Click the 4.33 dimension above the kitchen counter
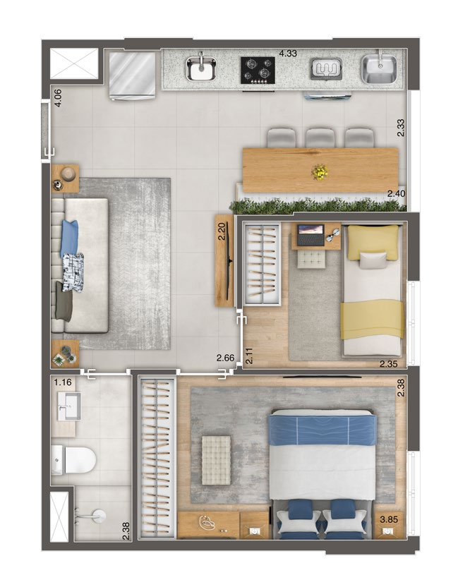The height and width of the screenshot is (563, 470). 288,53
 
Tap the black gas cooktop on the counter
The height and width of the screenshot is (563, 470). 258,71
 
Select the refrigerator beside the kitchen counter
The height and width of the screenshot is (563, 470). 132,75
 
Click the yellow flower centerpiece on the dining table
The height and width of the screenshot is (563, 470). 320,172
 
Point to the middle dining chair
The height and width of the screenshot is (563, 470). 320,138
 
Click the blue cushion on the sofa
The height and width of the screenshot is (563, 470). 69,238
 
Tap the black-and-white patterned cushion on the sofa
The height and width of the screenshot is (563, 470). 73,272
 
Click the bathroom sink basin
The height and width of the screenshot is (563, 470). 69,406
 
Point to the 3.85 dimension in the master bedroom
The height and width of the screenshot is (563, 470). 389,519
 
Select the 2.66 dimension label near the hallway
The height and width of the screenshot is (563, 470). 225,358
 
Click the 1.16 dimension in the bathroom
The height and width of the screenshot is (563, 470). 63,382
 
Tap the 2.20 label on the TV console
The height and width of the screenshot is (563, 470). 222,231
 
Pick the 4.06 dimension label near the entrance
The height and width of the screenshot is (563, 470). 57,98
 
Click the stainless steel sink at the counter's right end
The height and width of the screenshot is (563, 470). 379,68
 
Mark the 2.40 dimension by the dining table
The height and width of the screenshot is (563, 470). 396,194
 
